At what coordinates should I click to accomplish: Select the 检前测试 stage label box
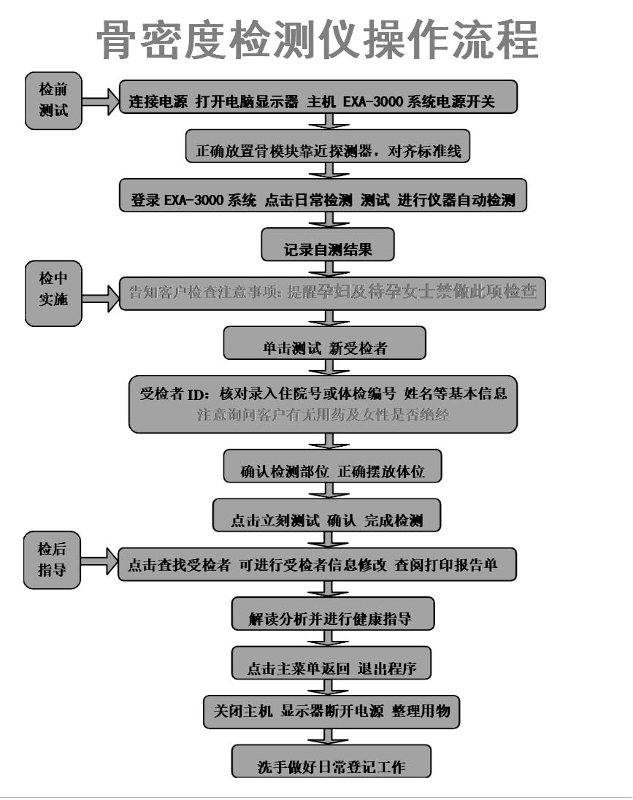[x=53, y=100]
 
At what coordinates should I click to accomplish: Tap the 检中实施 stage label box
[x=53, y=293]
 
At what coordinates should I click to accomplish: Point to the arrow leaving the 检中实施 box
[x=101, y=296]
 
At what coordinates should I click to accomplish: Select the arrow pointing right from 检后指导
[x=99, y=562]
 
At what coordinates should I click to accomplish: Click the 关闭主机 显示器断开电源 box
[x=331, y=712]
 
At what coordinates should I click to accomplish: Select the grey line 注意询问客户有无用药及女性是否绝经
[x=323, y=415]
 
